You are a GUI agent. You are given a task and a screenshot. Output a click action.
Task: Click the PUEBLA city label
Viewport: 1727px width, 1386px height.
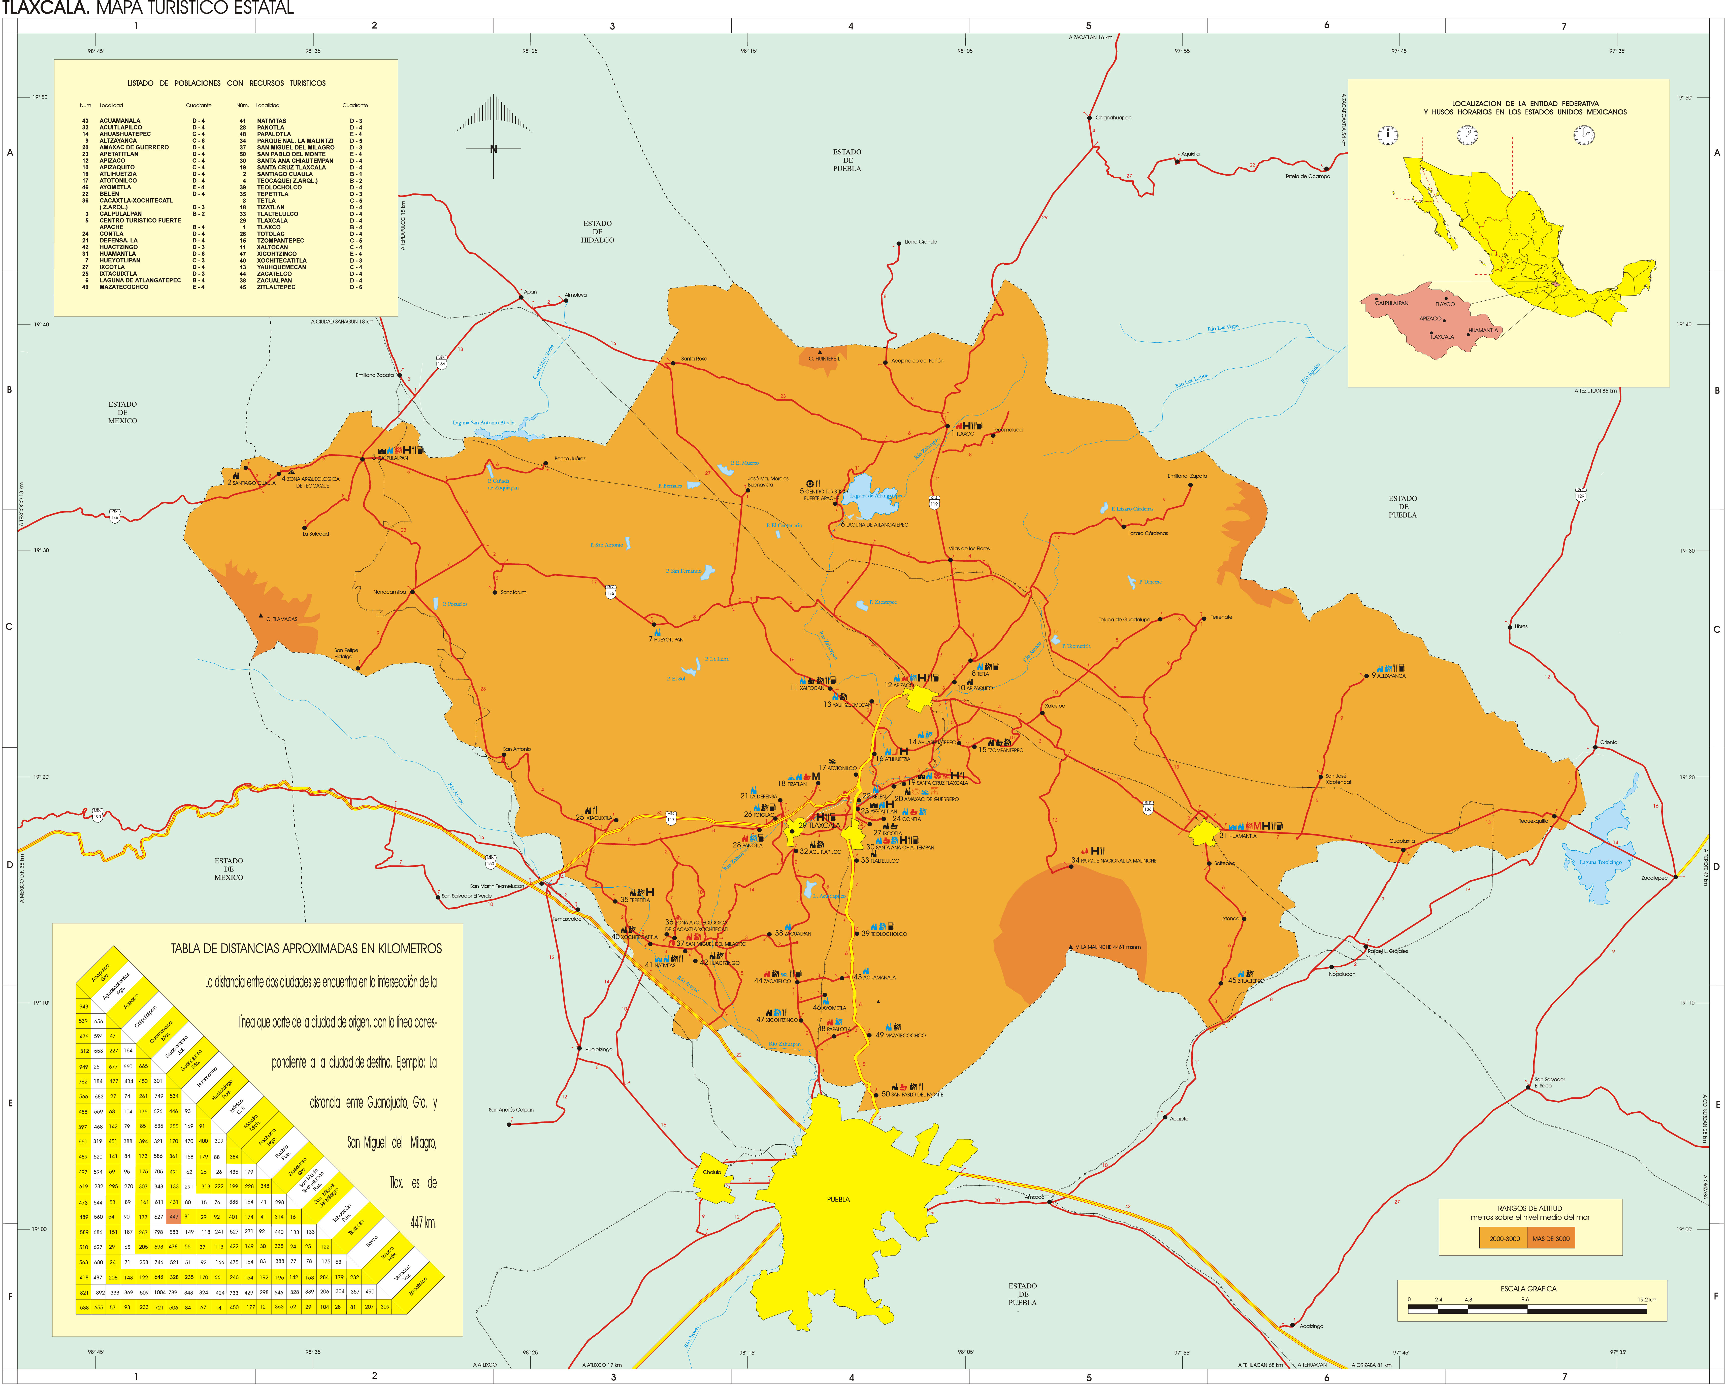coord(838,1199)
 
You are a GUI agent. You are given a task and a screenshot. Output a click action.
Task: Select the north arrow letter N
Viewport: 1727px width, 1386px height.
coord(494,149)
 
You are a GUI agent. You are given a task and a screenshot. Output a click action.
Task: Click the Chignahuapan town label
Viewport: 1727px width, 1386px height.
coord(1114,118)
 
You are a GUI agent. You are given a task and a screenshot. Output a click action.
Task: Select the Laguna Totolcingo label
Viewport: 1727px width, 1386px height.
coord(1601,862)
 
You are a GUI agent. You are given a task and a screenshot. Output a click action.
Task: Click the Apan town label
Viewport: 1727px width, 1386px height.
coord(530,292)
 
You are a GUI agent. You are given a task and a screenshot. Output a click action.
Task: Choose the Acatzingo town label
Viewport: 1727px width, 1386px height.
coord(1311,1326)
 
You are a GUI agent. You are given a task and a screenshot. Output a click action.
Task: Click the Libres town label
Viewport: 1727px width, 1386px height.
coord(1520,627)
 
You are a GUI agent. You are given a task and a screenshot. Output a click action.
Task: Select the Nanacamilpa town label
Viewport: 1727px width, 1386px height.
coord(389,592)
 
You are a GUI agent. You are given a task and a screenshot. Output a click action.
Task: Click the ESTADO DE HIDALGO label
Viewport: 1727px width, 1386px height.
coord(598,232)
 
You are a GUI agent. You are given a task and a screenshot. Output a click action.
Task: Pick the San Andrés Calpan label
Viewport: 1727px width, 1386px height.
coord(511,1110)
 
